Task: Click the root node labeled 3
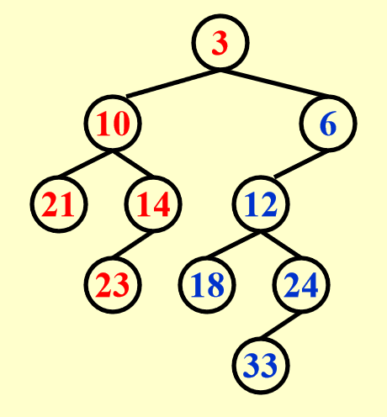point(220,44)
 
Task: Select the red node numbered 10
point(113,124)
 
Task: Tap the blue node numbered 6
point(328,124)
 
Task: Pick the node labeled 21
point(59,204)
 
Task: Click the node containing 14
point(153,204)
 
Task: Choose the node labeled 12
point(261,204)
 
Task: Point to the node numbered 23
point(113,285)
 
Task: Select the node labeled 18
point(207,285)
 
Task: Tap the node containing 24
point(301,285)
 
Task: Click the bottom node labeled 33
point(261,366)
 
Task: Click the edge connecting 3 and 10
point(173,84)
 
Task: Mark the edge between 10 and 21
point(86,165)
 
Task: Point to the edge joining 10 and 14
point(133,165)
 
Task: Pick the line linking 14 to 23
point(132,245)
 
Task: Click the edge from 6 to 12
point(301,165)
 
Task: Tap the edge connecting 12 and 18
point(233,245)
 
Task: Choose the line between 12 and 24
point(281,245)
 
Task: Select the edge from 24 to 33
point(280,325)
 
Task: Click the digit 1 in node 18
point(197,285)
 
